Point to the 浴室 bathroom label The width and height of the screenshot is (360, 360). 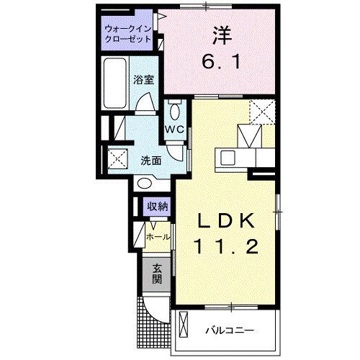click(x=143, y=80)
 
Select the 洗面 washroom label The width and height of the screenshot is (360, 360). click(x=150, y=160)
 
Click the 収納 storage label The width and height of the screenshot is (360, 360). click(x=158, y=207)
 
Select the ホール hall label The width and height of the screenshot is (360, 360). click(x=158, y=236)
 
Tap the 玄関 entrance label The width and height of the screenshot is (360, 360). click(x=157, y=274)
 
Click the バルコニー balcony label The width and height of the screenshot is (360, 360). click(x=229, y=330)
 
